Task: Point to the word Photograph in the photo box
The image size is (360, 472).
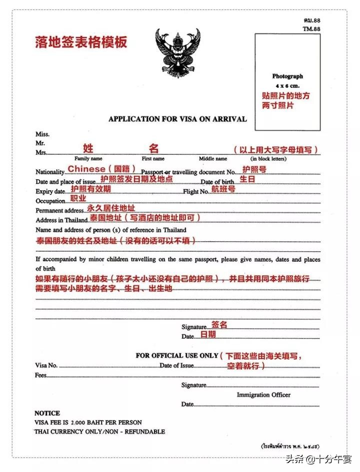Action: click(x=287, y=76)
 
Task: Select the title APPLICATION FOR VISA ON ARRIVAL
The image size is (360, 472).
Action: click(x=177, y=119)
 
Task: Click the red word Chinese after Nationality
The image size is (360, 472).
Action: click(x=87, y=169)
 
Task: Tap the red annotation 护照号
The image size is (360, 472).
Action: click(x=254, y=169)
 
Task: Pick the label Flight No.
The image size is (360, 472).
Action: click(x=196, y=191)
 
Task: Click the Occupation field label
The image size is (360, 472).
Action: click(x=50, y=201)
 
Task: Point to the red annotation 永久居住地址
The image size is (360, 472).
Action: click(x=111, y=208)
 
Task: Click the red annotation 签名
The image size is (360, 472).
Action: click(x=219, y=325)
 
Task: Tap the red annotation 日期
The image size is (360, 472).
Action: click(x=208, y=335)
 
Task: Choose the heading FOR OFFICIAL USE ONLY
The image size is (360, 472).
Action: click(x=177, y=356)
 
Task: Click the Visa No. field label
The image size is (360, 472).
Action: click(x=46, y=365)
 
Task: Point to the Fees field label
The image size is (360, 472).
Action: click(x=40, y=375)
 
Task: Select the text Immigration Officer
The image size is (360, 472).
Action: click(x=263, y=395)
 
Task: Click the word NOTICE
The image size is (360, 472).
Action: click(x=47, y=413)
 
